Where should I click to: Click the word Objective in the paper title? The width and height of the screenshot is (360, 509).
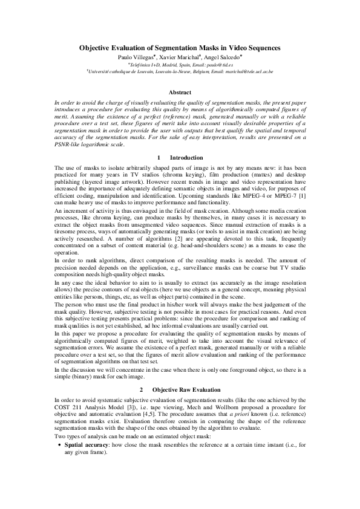(x=97, y=47)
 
